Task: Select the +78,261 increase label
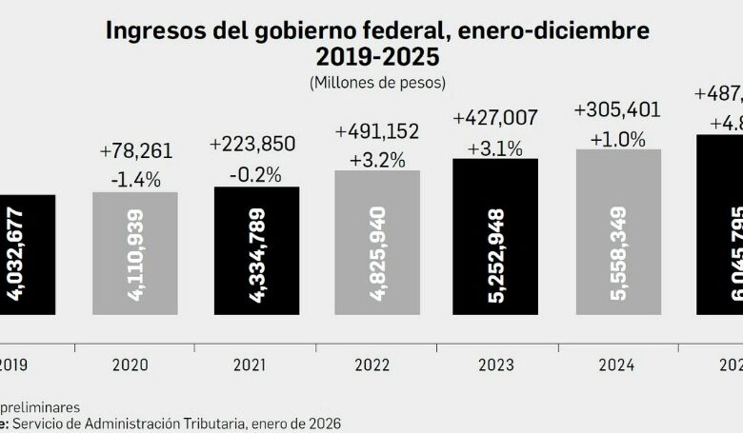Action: click(x=135, y=151)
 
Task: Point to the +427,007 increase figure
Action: click(x=495, y=118)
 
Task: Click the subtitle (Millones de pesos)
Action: click(x=377, y=83)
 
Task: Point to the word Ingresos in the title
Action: click(x=151, y=30)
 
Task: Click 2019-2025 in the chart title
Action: click(x=377, y=57)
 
